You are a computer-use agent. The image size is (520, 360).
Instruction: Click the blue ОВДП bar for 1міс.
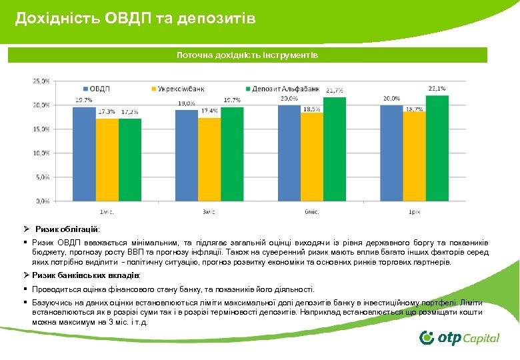point(84,153)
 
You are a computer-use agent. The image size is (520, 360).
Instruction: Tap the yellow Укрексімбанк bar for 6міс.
point(312,156)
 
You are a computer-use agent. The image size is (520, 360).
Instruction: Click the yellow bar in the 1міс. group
point(107,159)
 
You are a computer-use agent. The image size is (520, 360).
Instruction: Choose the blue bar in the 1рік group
point(392,153)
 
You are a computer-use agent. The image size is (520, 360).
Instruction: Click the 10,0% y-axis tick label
point(41,153)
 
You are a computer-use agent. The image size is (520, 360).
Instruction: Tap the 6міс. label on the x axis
point(312,211)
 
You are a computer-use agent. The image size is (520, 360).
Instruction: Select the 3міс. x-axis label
point(209,211)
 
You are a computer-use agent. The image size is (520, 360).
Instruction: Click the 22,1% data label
point(437,89)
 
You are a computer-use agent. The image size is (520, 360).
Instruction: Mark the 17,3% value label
point(107,112)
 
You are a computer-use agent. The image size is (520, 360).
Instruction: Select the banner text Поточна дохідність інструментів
point(247,55)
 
